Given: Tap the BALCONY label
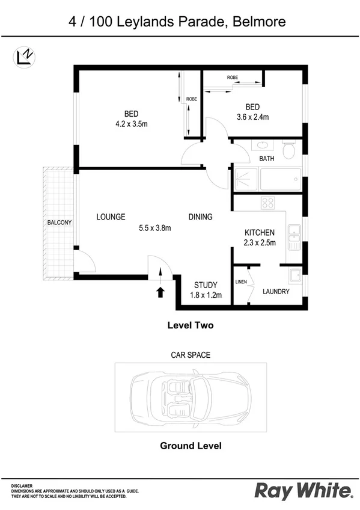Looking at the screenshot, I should (59, 223).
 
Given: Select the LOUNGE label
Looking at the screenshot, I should (111, 217).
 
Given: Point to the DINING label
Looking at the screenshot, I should (200, 217).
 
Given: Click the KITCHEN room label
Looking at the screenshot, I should (260, 233).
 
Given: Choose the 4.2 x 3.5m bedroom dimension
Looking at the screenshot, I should (132, 124).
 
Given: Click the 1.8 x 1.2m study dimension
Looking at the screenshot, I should (206, 295).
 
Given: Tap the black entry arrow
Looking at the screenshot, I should (160, 292).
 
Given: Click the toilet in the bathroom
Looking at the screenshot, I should (289, 150).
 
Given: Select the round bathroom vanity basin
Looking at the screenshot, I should (261, 145).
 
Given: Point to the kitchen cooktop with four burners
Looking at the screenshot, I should (268, 203).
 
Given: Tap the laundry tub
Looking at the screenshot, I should (294, 276).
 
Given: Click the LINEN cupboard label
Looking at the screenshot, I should (241, 281).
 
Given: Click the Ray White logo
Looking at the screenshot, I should (303, 490).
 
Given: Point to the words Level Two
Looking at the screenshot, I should (190, 325).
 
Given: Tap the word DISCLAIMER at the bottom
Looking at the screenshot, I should (22, 485).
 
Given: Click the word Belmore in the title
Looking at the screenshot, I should (260, 23).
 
